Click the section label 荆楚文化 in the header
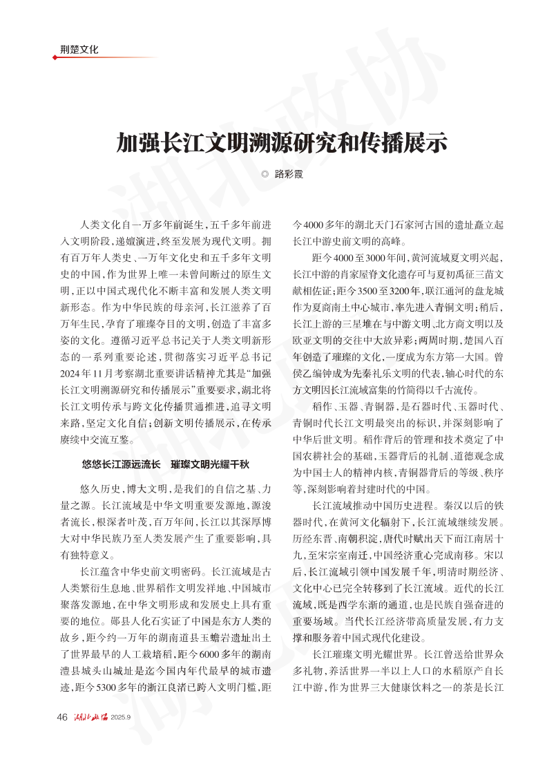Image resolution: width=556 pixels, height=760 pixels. click(x=79, y=49)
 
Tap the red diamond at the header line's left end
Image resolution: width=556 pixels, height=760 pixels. click(x=55, y=57)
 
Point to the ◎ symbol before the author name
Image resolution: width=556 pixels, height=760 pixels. click(x=265, y=175)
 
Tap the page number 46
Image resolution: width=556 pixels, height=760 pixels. click(x=61, y=716)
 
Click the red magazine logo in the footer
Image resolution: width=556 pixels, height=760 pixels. click(x=89, y=716)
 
